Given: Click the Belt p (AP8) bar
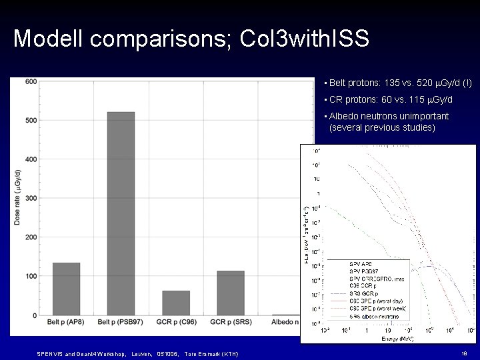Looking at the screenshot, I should pyautogui.click(x=66, y=289).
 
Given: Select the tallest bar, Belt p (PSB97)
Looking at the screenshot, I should pyautogui.click(x=121, y=213).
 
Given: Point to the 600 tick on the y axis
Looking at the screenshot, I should pyautogui.click(x=31, y=81).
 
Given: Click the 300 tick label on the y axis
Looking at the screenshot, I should pyautogui.click(x=31, y=198).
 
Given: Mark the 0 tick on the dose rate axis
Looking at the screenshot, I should pyautogui.click(x=35, y=315).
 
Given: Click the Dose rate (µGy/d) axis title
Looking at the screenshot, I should pyautogui.click(x=17, y=197).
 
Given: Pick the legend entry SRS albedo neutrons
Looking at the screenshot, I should pyautogui.click(x=374, y=316).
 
